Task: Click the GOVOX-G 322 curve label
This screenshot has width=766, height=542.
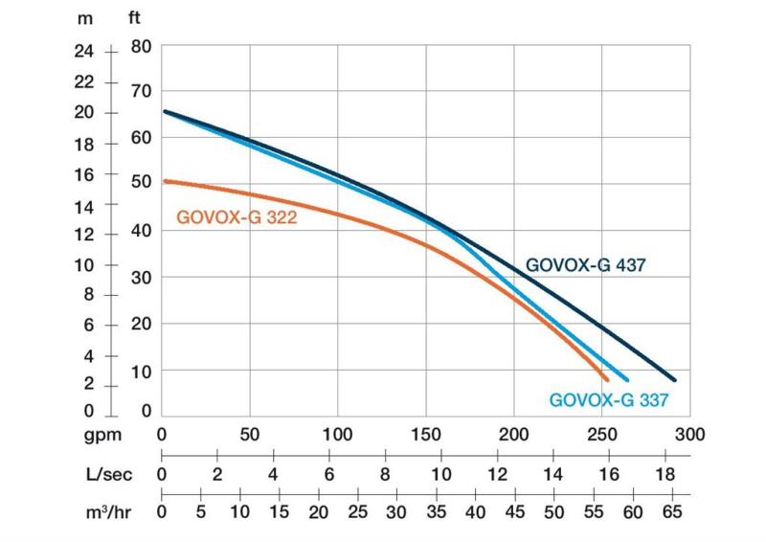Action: tap(237, 217)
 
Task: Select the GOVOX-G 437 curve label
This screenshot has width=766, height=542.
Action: tap(586, 265)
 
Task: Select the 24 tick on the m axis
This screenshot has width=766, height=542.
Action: tap(84, 50)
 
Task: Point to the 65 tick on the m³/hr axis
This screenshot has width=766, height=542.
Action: tap(672, 511)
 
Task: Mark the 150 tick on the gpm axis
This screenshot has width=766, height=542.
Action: tap(425, 434)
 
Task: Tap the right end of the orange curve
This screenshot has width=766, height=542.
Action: tap(605, 378)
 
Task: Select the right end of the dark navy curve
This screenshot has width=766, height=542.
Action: tap(674, 379)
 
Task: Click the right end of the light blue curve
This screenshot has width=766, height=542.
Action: tap(627, 378)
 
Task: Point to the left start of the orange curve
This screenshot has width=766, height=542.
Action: tap(163, 181)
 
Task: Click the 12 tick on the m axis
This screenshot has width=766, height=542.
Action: tap(84, 235)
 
